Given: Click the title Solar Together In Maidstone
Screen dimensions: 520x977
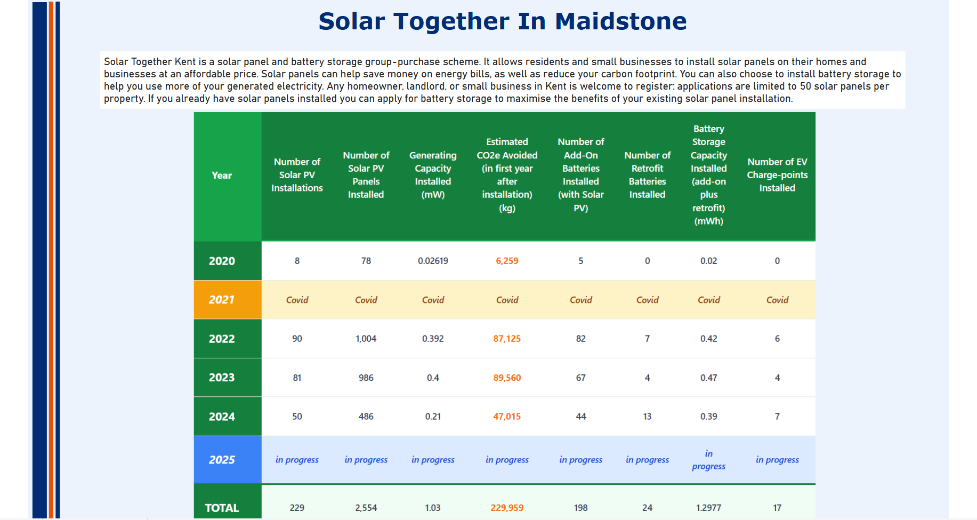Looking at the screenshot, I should pos(502,22).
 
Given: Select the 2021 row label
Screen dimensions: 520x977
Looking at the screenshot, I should pos(222,300).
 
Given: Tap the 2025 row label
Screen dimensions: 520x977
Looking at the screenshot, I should pos(222,460).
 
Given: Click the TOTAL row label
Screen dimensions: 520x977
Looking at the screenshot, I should pos(222,508).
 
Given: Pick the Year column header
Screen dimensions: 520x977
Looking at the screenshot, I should pos(222,175).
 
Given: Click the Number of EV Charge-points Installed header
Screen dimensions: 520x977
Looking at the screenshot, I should pos(777,175).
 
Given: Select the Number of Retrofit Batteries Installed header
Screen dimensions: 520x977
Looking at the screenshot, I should pos(647,175).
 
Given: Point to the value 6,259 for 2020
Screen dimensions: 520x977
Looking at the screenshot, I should pos(507,261).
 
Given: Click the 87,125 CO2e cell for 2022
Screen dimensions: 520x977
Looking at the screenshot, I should pos(507,339).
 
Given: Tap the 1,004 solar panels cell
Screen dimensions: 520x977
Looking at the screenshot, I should pos(366,339).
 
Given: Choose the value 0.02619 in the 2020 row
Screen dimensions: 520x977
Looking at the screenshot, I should pos(433,261).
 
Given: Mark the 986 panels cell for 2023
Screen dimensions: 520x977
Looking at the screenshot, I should pos(366,378).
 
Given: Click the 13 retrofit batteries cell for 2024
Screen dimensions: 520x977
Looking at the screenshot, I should pos(647,417).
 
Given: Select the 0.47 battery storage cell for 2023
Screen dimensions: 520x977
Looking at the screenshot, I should pos(708,378).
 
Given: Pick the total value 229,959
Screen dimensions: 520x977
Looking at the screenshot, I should pos(507,508).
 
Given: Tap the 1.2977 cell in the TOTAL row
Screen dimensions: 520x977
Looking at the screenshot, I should pos(708,508).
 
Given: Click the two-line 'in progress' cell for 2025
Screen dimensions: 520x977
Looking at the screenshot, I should pos(708,460).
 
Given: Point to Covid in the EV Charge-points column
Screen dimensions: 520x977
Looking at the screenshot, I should pos(777,300).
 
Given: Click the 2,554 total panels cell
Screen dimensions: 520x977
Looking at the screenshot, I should pos(366,508).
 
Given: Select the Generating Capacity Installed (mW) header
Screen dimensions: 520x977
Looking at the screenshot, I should pos(433,175).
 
